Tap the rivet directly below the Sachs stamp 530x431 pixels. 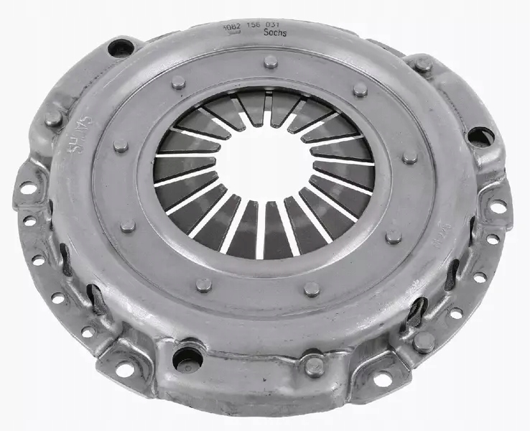(271, 62)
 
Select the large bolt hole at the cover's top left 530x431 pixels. (120, 49)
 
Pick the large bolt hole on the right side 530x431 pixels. (480, 136)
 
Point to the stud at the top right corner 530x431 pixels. (424, 65)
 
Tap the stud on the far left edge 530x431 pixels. (53, 119)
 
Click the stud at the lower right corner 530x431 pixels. (424, 342)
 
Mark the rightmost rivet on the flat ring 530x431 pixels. (410, 157)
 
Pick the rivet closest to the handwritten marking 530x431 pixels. (121, 145)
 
